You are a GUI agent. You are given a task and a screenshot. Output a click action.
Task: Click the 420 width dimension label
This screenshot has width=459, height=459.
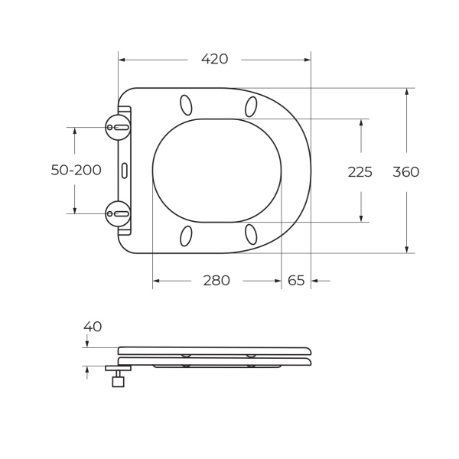click(214, 60)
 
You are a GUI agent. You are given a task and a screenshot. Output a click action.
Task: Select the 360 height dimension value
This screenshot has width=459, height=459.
click(405, 172)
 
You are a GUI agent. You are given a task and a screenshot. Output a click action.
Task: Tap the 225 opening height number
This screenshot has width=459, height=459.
click(360, 172)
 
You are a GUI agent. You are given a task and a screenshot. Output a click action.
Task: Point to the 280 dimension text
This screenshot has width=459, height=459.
click(216, 281)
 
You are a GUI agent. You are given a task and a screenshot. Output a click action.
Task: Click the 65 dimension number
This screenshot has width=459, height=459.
click(296, 281)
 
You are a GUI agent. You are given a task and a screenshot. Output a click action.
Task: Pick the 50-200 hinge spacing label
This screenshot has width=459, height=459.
click(76, 171)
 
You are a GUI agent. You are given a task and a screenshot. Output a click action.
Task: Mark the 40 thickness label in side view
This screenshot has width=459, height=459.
click(93, 327)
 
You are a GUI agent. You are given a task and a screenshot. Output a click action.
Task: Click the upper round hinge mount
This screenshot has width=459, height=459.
click(118, 127)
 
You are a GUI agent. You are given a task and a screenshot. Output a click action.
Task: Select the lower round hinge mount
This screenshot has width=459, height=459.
click(118, 213)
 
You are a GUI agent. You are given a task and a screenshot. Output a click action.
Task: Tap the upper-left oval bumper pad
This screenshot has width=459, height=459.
click(186, 105)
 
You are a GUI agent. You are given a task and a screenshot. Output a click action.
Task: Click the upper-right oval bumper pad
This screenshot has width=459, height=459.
click(251, 106)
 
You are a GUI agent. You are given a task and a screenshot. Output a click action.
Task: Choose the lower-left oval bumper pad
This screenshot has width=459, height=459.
click(186, 236)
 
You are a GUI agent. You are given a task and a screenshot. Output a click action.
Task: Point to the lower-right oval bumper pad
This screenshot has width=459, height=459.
click(251, 234)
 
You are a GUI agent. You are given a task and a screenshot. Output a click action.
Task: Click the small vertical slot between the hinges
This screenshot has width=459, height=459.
click(125, 170)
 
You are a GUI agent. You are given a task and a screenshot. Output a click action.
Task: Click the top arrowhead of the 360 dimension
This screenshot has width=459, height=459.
click(406, 92)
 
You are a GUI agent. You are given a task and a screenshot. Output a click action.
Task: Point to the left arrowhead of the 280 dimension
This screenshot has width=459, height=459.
click(157, 281)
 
